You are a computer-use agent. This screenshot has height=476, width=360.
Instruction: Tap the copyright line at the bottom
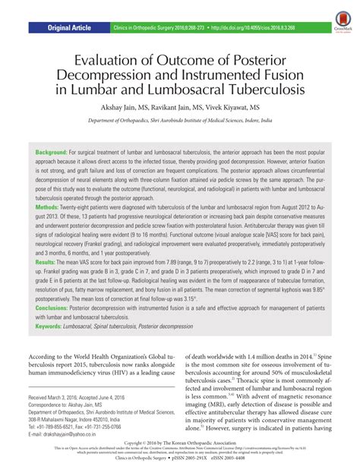coord(180,462)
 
